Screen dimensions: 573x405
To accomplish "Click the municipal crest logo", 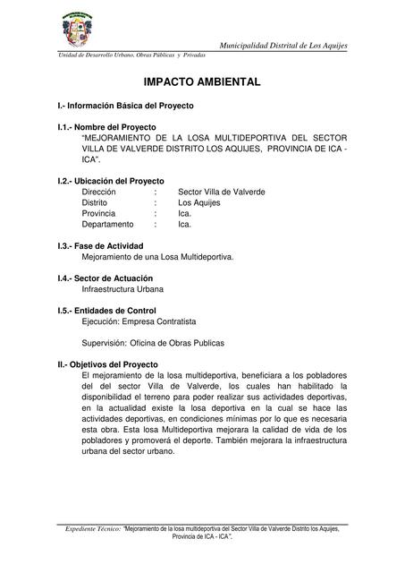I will coord(86,30).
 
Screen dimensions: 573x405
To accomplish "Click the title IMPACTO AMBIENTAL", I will coord(202,82).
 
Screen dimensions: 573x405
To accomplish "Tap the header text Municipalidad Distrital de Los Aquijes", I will coord(283,45).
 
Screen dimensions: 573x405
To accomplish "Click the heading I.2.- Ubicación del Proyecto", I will coord(111,181).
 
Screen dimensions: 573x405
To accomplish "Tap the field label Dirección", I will coord(98,192).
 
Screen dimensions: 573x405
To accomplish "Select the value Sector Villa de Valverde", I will coord(222,192).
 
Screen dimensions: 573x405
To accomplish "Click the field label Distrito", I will coord(96,202).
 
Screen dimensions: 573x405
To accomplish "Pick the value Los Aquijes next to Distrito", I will coord(199,202).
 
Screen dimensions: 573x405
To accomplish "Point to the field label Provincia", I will coord(98,214).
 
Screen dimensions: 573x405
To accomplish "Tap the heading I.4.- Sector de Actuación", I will coord(111,278).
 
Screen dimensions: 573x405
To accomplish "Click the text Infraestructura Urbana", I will coord(122,289).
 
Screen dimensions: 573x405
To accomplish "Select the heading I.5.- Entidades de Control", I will coord(113,311).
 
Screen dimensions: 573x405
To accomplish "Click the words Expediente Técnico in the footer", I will coord(93,530).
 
